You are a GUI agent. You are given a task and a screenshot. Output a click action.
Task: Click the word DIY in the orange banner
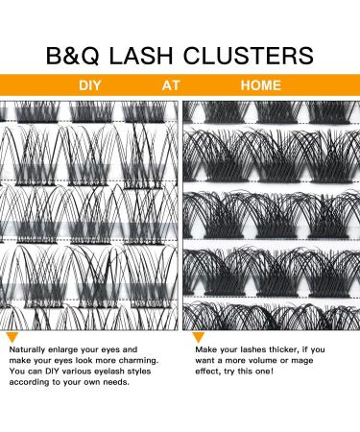click(88, 85)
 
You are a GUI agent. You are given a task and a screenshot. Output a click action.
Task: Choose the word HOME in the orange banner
click(261, 85)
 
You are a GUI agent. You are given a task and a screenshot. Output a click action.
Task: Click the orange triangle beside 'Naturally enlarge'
click(12, 339)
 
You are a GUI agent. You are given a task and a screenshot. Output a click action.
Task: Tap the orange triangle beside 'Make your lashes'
click(187, 339)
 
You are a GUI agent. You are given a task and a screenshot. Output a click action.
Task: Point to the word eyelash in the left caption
click(122, 379)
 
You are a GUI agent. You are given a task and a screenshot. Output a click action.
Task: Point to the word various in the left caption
click(86, 379)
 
